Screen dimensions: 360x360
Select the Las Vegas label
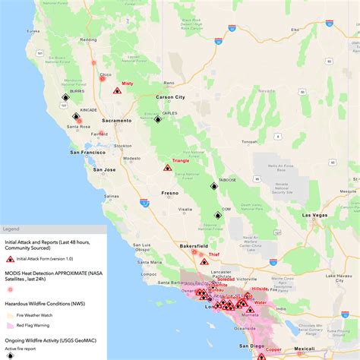pyautogui.click(x=315, y=216)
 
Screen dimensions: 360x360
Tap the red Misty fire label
pyautogui.click(x=127, y=84)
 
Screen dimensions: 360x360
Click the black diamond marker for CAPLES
pyautogui.click(x=158, y=119)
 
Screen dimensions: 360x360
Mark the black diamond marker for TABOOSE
pyautogui.click(x=213, y=186)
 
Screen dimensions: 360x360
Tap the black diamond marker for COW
pyautogui.click(x=216, y=216)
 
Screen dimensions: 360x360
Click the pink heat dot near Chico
pyautogui.click(x=103, y=77)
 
